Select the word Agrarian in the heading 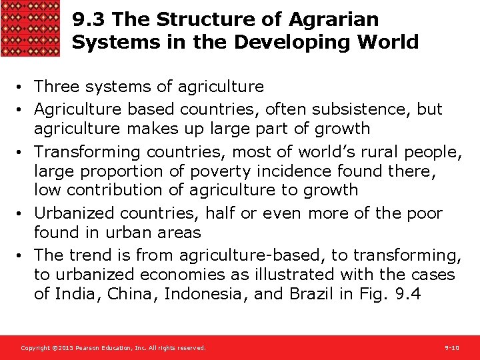click(x=341, y=20)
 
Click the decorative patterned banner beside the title click(x=31, y=28)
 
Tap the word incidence click(x=283, y=171)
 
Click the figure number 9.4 click(x=407, y=294)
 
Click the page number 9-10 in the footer click(x=452, y=348)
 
